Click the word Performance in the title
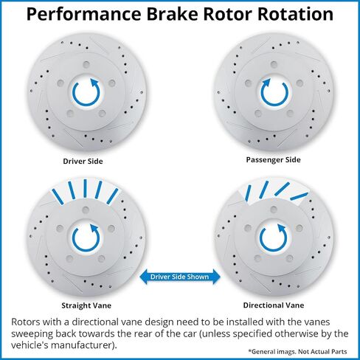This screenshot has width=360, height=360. coord(83,14)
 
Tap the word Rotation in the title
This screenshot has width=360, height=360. coord(295,14)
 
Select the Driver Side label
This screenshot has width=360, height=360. coord(83,162)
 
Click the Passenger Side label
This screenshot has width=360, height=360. coord(273,160)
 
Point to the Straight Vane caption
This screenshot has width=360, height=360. coord(86,305)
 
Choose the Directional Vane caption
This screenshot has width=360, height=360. coord(274,305)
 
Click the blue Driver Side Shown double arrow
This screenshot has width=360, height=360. coord(180,277)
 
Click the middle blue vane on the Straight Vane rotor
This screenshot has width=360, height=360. coord(85,188)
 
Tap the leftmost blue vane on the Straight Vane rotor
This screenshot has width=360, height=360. coord(58,197)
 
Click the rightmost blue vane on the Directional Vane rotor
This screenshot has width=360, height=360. coord(299,196)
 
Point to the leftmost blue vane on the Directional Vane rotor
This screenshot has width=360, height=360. coord(248,193)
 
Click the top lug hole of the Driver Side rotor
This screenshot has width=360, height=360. coord(86,65)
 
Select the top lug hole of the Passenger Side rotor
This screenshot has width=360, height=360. coord(274,65)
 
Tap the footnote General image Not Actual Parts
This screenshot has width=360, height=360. coord(297,352)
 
